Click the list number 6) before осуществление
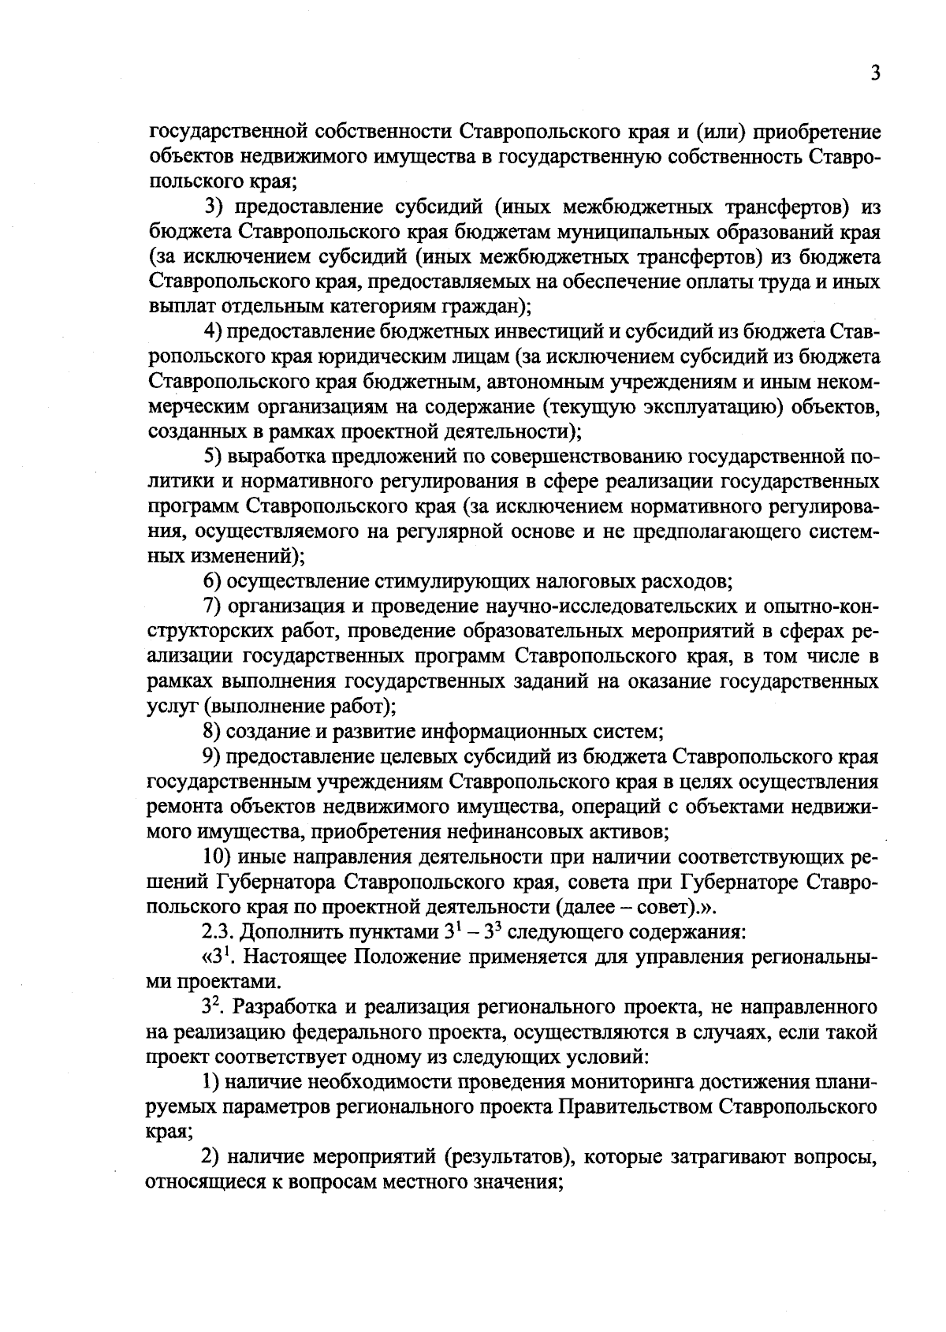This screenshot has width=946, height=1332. click(213, 582)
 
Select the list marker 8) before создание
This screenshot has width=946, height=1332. click(213, 731)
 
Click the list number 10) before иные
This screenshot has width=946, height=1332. click(218, 856)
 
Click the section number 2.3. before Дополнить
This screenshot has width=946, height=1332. click(218, 931)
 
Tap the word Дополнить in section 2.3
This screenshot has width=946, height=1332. click(281, 931)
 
